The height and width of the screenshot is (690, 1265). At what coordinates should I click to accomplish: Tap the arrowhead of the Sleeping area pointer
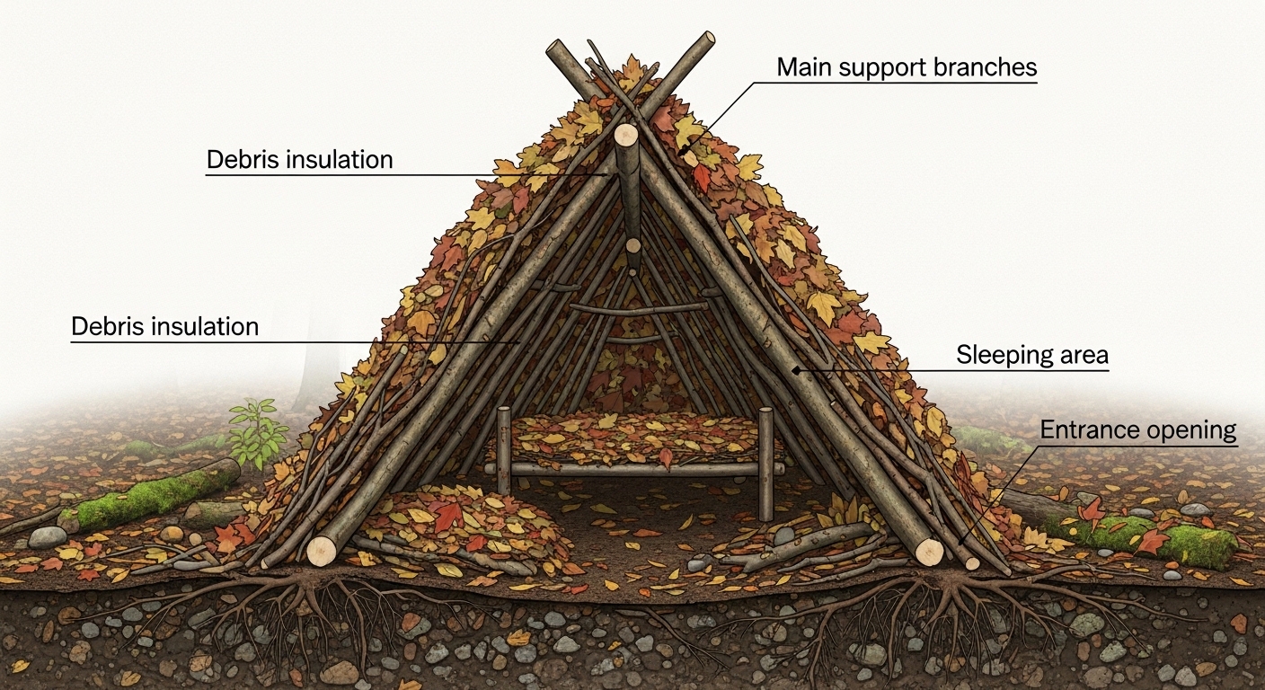click(796, 370)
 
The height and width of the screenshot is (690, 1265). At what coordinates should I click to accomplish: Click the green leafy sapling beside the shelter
click(257, 431)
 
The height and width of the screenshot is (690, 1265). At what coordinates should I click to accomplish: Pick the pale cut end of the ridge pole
click(625, 136)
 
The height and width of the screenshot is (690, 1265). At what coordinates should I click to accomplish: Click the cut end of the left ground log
click(322, 551)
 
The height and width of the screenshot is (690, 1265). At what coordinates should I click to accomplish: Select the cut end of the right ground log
click(929, 552)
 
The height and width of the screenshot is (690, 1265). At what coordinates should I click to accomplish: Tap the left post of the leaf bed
click(504, 450)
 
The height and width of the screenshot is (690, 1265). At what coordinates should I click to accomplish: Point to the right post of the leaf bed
click(765, 464)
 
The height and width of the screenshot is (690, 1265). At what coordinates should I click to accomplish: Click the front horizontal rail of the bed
click(634, 469)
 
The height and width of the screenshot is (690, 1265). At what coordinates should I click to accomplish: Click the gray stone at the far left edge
click(48, 537)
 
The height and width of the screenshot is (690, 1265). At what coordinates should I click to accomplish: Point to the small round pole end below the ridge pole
click(633, 245)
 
